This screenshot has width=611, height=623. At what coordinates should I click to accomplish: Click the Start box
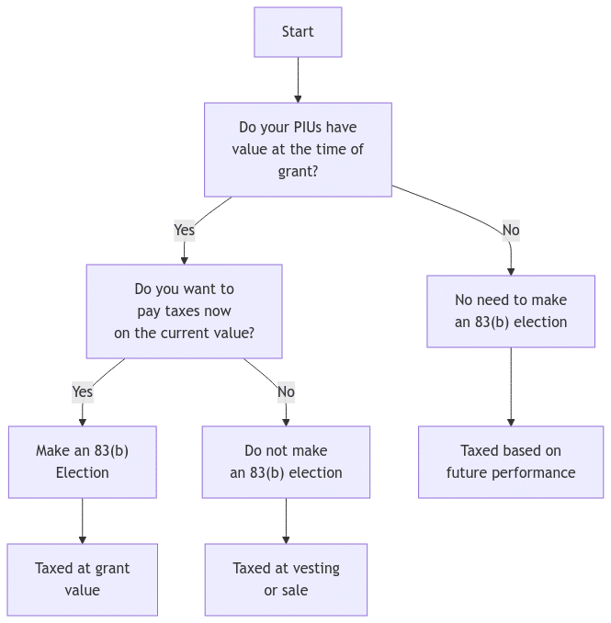(x=298, y=32)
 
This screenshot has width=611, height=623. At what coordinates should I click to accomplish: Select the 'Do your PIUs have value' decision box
(x=298, y=149)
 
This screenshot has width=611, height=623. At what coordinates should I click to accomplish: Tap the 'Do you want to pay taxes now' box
(x=184, y=311)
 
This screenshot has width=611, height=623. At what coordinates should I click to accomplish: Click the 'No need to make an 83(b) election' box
(x=510, y=311)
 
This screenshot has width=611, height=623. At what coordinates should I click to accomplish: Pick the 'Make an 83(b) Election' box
(x=82, y=461)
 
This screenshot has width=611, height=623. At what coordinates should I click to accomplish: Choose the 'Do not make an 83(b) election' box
(x=286, y=461)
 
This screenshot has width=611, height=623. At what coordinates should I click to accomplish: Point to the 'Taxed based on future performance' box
(x=511, y=461)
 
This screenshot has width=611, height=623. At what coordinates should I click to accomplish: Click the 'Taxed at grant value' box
(x=82, y=579)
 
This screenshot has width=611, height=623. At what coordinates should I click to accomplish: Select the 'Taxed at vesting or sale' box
(x=286, y=579)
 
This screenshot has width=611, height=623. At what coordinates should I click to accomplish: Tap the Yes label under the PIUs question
(x=184, y=230)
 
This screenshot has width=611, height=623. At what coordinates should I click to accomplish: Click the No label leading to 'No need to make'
(x=511, y=230)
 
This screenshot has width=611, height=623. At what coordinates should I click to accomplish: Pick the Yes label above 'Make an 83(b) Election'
(x=82, y=391)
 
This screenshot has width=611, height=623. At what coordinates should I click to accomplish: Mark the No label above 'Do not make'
(x=286, y=391)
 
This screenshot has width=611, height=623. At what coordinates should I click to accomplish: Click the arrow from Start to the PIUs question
(x=298, y=80)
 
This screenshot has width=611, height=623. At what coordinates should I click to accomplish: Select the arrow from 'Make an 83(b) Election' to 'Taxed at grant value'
(x=82, y=521)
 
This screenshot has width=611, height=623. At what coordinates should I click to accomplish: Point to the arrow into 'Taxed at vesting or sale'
(x=286, y=521)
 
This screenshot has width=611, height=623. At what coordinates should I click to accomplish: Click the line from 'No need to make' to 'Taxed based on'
(x=511, y=386)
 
